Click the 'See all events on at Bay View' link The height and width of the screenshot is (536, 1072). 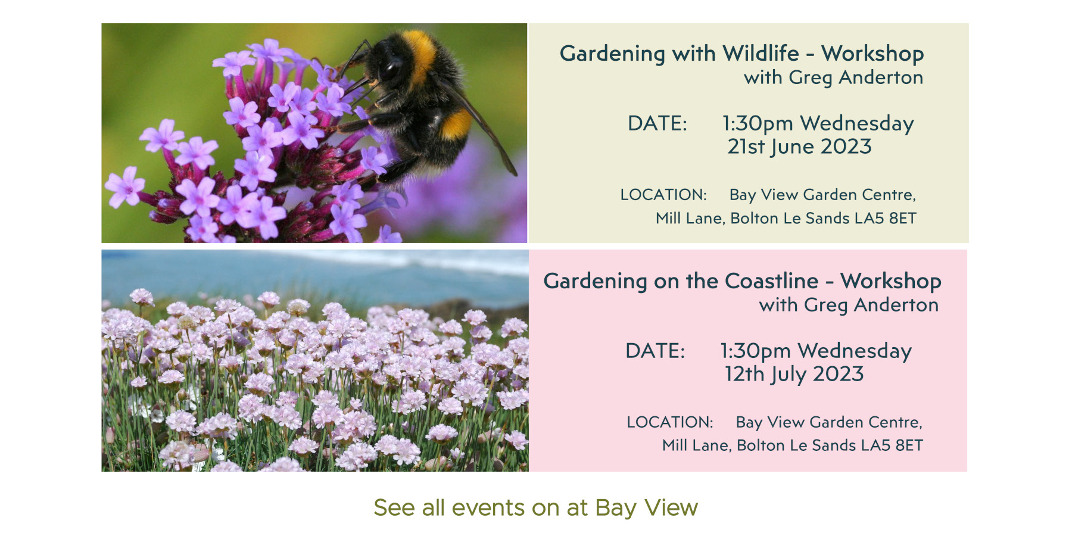[535, 508]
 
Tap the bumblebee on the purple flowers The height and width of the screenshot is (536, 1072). [417, 101]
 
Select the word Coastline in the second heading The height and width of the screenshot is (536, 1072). [772, 281]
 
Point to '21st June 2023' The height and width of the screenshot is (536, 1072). [799, 147]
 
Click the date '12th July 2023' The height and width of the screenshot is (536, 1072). [794, 374]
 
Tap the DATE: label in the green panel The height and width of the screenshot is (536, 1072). [657, 123]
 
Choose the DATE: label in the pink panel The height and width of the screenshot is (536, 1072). [655, 351]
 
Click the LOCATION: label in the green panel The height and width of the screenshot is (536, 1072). [663, 195]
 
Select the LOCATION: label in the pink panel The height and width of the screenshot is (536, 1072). [670, 422]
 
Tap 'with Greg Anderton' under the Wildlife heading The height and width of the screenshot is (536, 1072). [834, 77]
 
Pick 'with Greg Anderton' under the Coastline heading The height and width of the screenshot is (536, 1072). [849, 305]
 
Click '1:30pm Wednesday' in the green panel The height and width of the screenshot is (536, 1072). [818, 124]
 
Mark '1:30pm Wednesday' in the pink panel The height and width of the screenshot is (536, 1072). [815, 351]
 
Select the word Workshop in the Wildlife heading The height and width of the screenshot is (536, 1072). [872, 54]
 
